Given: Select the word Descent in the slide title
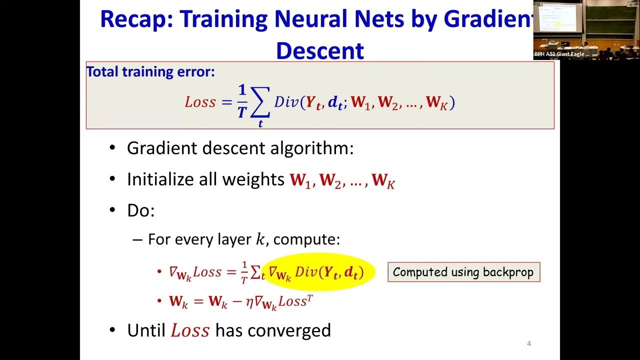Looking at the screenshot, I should (319, 50).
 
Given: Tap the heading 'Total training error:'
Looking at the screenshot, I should (150, 71).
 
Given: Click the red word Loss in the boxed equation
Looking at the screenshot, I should (200, 102).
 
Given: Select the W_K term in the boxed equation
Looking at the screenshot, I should (439, 103).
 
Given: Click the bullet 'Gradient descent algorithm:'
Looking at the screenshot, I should (240, 148).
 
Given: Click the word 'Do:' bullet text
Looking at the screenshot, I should (141, 210).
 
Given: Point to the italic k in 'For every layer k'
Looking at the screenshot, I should (260, 239).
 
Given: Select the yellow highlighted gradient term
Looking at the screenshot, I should (318, 272).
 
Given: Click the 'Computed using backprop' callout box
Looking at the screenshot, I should (463, 272).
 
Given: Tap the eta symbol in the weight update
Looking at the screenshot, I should (249, 302).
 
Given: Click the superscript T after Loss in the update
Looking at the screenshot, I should (310, 298).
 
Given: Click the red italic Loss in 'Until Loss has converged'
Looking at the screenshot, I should (190, 331).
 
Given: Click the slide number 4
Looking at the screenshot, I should (529, 343).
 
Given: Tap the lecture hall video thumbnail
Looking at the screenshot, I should (586, 30).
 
